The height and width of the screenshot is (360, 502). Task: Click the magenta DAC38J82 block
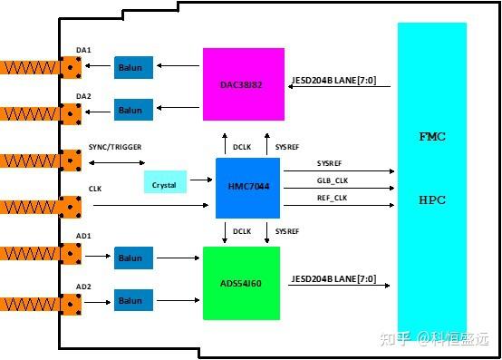[x=243, y=84]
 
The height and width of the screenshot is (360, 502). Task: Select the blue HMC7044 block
[x=247, y=188]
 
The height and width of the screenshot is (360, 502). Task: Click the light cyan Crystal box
[x=165, y=182]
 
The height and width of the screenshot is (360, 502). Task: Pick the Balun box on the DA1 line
[x=133, y=66]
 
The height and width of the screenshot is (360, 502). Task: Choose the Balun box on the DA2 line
[x=133, y=111]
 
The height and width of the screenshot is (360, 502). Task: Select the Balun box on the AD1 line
[x=133, y=258]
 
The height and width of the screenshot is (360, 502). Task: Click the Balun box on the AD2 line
[x=133, y=300]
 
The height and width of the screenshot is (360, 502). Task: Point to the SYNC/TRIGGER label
[x=115, y=147]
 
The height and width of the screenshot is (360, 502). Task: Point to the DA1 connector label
[x=83, y=50]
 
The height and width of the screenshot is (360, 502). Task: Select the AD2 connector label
[x=83, y=286]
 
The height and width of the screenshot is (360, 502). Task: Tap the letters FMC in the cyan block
[x=431, y=137]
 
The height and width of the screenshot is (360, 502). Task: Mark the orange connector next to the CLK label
[x=70, y=206]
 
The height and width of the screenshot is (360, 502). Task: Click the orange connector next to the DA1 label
[x=70, y=66]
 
